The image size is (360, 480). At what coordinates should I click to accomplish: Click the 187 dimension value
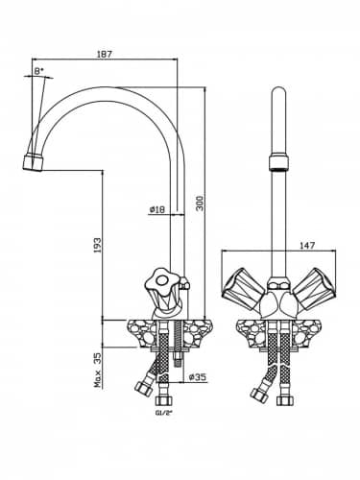tap(105, 54)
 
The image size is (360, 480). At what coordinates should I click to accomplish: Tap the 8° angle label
tap(38, 71)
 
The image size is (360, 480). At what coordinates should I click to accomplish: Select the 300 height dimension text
tap(200, 203)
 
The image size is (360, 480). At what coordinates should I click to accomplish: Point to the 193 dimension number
tap(97, 245)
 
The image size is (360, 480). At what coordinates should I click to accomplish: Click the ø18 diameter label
tap(157, 209)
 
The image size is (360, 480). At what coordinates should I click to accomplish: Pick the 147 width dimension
tap(307, 246)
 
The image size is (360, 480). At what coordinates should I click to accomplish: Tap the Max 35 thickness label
tap(97, 370)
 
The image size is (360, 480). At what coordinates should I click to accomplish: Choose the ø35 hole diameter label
tap(198, 377)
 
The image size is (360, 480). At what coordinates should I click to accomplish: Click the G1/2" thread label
tap(164, 413)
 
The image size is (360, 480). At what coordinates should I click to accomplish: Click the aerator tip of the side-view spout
tap(33, 162)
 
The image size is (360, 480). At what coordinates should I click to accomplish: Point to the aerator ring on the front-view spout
tap(278, 162)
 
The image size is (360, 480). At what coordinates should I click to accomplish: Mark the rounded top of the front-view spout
tap(278, 91)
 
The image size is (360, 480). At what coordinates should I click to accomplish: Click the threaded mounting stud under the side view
tap(178, 344)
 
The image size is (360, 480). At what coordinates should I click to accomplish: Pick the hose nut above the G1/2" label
tap(164, 401)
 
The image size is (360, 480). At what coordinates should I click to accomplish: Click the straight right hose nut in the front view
tap(284, 401)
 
